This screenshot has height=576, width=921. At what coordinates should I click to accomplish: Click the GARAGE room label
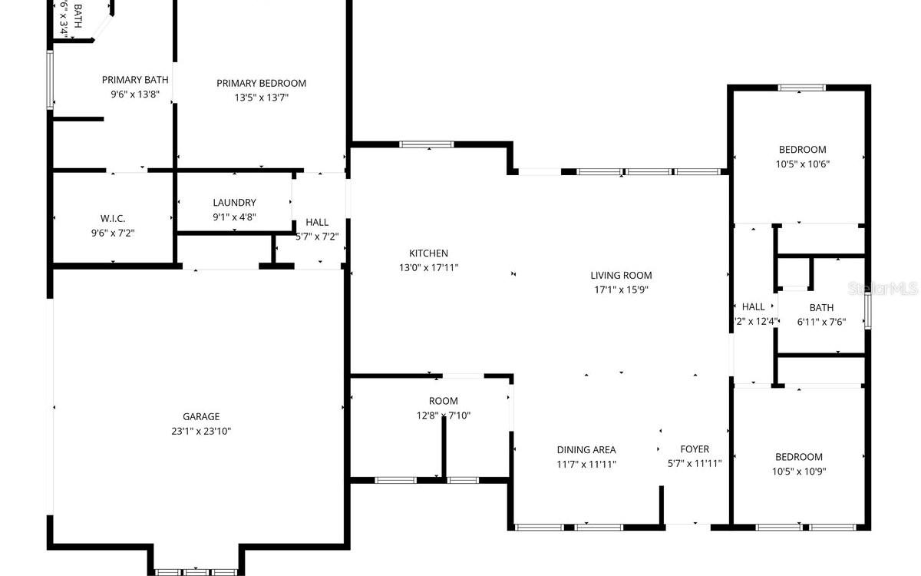pos(201,417)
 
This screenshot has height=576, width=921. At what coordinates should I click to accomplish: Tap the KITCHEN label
pos(428,253)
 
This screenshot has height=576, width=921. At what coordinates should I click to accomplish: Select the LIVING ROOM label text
pos(621,276)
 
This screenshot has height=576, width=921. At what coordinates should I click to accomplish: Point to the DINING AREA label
pos(586,450)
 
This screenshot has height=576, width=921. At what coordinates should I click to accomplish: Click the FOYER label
pos(695,449)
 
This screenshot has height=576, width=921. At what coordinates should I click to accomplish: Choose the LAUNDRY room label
pos(234,203)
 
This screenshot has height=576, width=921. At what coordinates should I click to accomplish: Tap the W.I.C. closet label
pos(113,219)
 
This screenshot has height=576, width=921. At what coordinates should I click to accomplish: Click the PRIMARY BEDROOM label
pos(261,84)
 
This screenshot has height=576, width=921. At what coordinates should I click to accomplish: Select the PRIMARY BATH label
pos(135,80)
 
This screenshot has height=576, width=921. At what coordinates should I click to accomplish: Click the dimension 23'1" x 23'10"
pos(201,432)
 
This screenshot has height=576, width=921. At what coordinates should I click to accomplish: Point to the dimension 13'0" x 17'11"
pos(428,268)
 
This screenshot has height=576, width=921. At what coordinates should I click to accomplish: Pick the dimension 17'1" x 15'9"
pos(621,290)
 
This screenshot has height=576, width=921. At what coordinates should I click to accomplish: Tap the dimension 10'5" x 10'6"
pos(802,164)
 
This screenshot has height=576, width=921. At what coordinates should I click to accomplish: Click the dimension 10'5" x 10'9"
pos(798,472)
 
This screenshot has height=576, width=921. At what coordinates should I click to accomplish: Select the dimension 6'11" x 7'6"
pos(820,323)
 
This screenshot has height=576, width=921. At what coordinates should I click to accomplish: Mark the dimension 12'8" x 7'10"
pos(443,415)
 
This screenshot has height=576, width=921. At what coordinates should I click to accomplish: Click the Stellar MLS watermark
pos(890,290)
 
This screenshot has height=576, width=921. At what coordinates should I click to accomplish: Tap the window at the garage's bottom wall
pos(196,571)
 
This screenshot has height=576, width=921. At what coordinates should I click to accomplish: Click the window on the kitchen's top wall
pos(427,144)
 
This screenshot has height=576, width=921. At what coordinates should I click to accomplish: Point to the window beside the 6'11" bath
pos(867,312)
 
